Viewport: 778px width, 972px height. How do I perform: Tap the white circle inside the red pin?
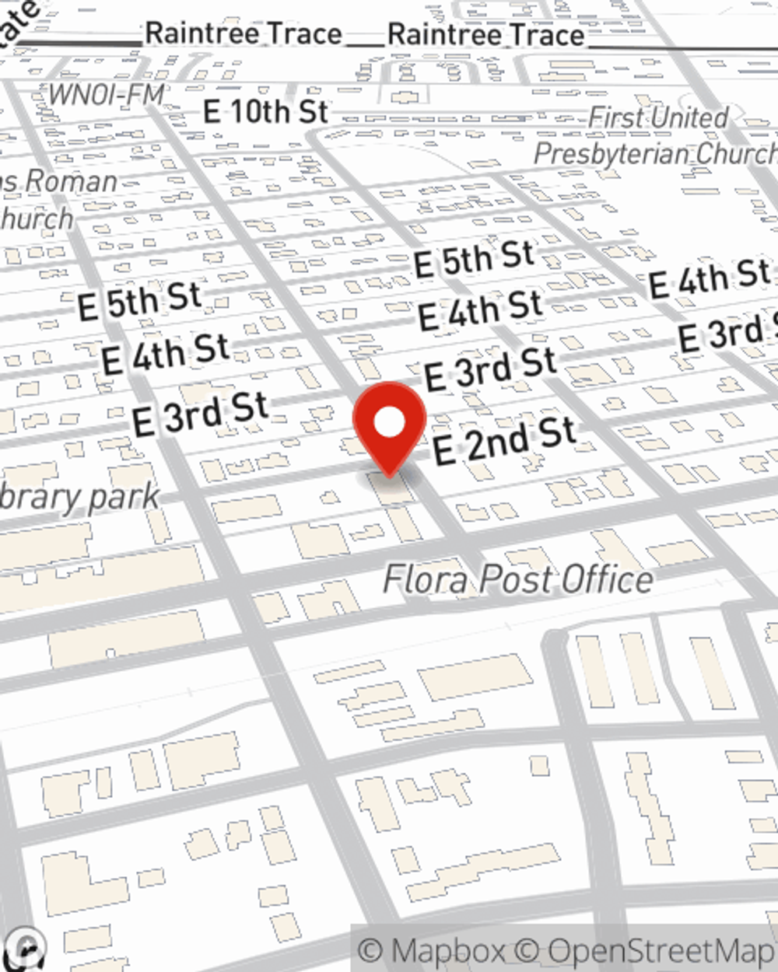point(390,422)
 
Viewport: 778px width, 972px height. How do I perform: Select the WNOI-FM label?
point(107,95)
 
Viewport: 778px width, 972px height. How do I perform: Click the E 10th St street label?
point(265,111)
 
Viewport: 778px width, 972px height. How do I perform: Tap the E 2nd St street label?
point(504,441)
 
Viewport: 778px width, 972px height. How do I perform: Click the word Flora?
point(426,579)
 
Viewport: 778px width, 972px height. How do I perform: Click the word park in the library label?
point(124,498)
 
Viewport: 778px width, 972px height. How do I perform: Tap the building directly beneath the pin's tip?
point(390,488)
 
